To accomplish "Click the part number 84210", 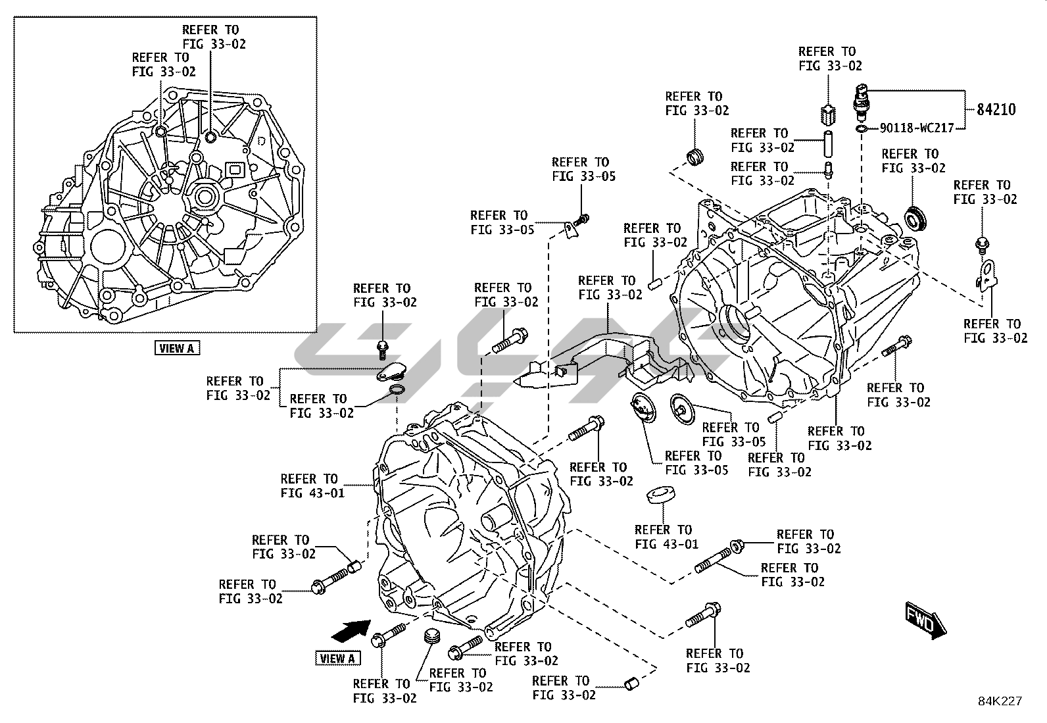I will click(x=996, y=109).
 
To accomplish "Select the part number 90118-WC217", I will click(x=917, y=128).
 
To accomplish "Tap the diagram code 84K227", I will click(x=999, y=701).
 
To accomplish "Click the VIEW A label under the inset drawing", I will click(x=177, y=348).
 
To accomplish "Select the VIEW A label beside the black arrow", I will click(x=338, y=658).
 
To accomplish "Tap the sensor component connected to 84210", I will click(x=862, y=99).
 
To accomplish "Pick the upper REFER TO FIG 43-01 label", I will click(x=312, y=486).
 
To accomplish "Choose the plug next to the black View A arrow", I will click(x=431, y=637).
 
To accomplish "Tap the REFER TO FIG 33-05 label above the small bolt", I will click(x=583, y=169).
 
